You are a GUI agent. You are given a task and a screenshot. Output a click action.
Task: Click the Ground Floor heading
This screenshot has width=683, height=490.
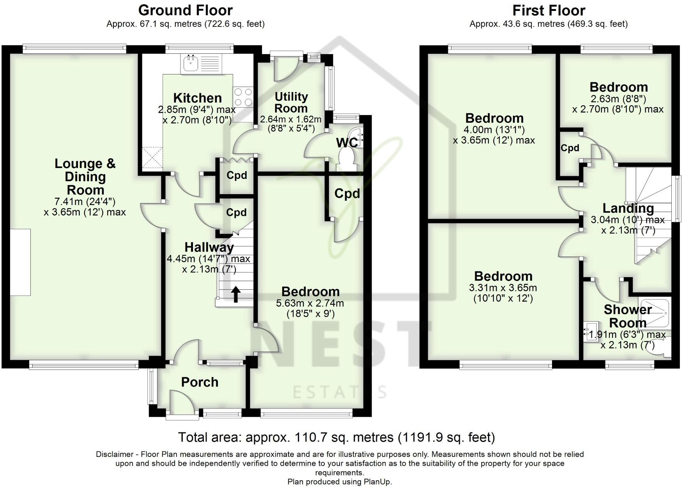186,10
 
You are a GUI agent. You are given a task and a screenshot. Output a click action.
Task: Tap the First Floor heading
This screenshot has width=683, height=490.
549,10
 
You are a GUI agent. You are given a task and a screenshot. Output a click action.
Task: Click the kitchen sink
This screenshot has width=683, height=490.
201,64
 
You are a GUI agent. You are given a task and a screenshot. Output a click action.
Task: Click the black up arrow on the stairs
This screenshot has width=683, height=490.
236,294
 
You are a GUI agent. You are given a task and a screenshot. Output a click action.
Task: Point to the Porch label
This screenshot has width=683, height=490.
200,382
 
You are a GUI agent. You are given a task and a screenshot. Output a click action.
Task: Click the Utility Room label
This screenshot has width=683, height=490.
291,102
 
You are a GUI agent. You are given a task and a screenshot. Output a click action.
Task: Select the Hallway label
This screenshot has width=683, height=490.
209,247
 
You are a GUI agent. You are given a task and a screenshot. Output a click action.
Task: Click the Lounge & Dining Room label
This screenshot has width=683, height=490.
85,177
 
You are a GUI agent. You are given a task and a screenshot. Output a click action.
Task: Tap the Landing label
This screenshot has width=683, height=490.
628,209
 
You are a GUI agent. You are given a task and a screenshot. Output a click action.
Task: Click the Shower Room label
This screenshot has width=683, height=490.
628,316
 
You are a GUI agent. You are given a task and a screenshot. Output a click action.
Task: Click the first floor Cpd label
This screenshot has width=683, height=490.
570,148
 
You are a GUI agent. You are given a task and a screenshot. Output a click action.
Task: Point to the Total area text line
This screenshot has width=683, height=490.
336,437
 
